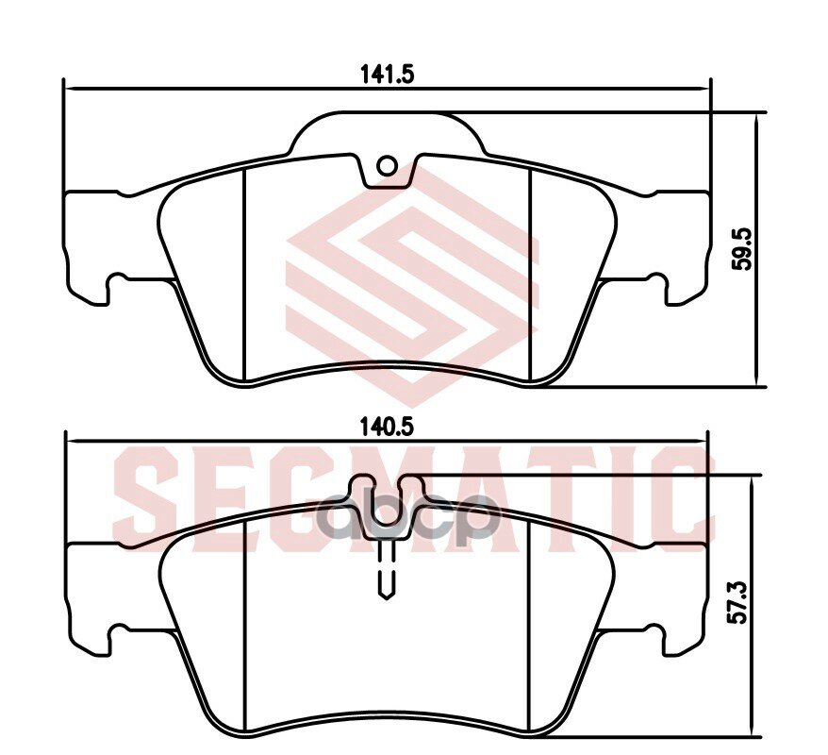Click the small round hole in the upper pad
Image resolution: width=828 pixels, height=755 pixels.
(x=387, y=166)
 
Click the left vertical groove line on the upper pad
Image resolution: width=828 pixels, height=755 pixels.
(x=245, y=274)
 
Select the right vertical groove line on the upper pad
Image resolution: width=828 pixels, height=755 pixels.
(x=531, y=274)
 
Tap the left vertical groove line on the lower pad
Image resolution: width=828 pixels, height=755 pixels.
(x=245, y=623)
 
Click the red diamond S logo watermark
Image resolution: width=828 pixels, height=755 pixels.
(x=413, y=283)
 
